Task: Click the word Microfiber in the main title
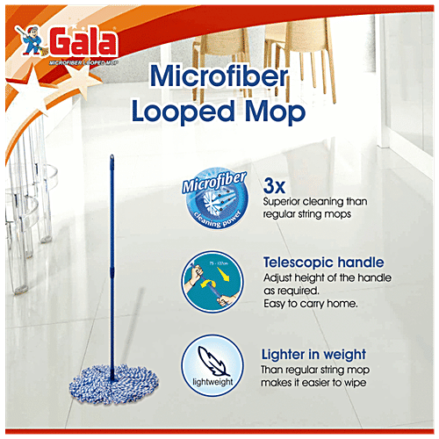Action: pyautogui.click(x=227, y=76)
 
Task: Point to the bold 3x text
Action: pyautogui.click(x=276, y=185)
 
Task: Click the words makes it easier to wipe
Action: pyautogui.click(x=319, y=383)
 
